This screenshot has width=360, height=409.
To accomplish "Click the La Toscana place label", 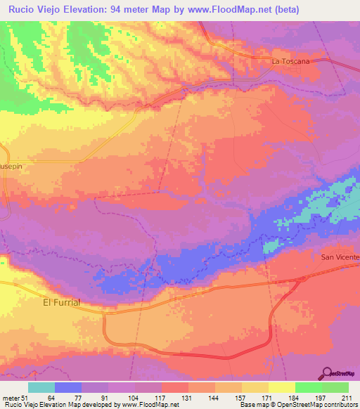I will click(x=290, y=62).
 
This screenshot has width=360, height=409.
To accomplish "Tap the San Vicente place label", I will click(x=340, y=257).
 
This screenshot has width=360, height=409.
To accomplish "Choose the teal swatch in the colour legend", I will click(x=41, y=387).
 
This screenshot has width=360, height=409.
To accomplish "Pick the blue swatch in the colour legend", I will click(x=67, y=387).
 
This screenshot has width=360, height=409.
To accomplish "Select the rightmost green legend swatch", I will click(x=335, y=387).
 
